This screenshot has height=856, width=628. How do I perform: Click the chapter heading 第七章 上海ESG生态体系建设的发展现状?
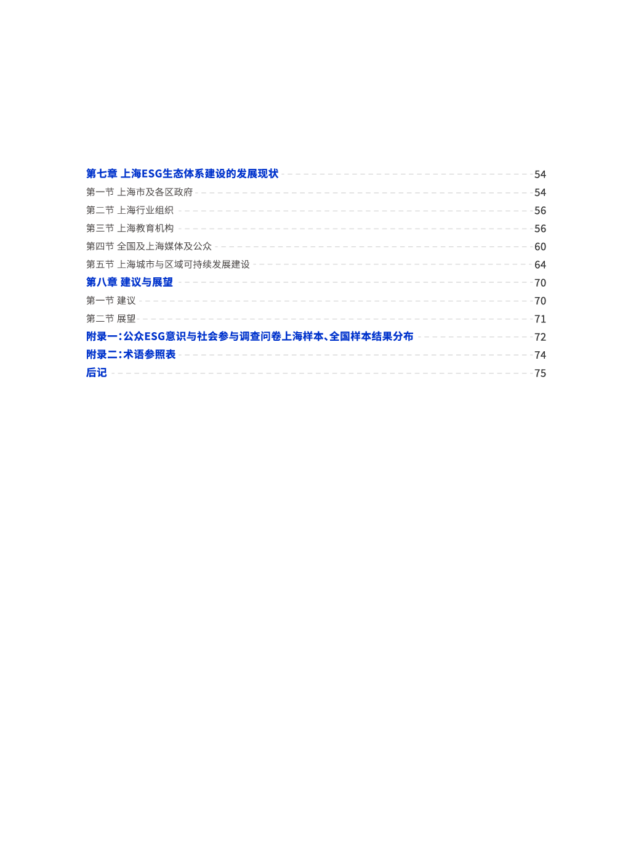pos(182,174)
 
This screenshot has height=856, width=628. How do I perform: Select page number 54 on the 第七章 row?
pos(540,174)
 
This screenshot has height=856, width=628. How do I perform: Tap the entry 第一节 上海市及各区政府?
pos(139,192)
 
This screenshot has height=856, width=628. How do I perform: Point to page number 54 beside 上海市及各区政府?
pos(540,193)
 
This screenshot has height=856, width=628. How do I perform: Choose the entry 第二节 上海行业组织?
pos(130,210)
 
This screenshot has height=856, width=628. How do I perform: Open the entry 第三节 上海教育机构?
pos(130,228)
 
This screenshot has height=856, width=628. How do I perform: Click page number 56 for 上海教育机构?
pos(540,229)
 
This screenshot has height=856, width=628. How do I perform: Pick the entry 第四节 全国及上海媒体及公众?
pos(149,246)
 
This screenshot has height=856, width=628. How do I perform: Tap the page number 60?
pos(540,247)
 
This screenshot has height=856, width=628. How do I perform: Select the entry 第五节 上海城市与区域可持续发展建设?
pos(168,264)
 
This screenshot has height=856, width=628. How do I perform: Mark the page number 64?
pos(540,265)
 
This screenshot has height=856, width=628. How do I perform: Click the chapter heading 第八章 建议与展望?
pos(129,282)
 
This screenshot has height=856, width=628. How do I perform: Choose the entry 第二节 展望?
pos(111,319)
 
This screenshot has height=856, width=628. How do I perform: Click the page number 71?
pos(540,319)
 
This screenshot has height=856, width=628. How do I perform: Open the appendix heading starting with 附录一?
pos(250,336)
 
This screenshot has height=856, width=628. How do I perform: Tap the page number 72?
pos(540,337)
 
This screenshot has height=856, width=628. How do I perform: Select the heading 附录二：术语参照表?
pos(131,354)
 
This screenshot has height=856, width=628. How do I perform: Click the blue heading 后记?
pos(96,373)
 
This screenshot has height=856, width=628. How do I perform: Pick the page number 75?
pos(540,373)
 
